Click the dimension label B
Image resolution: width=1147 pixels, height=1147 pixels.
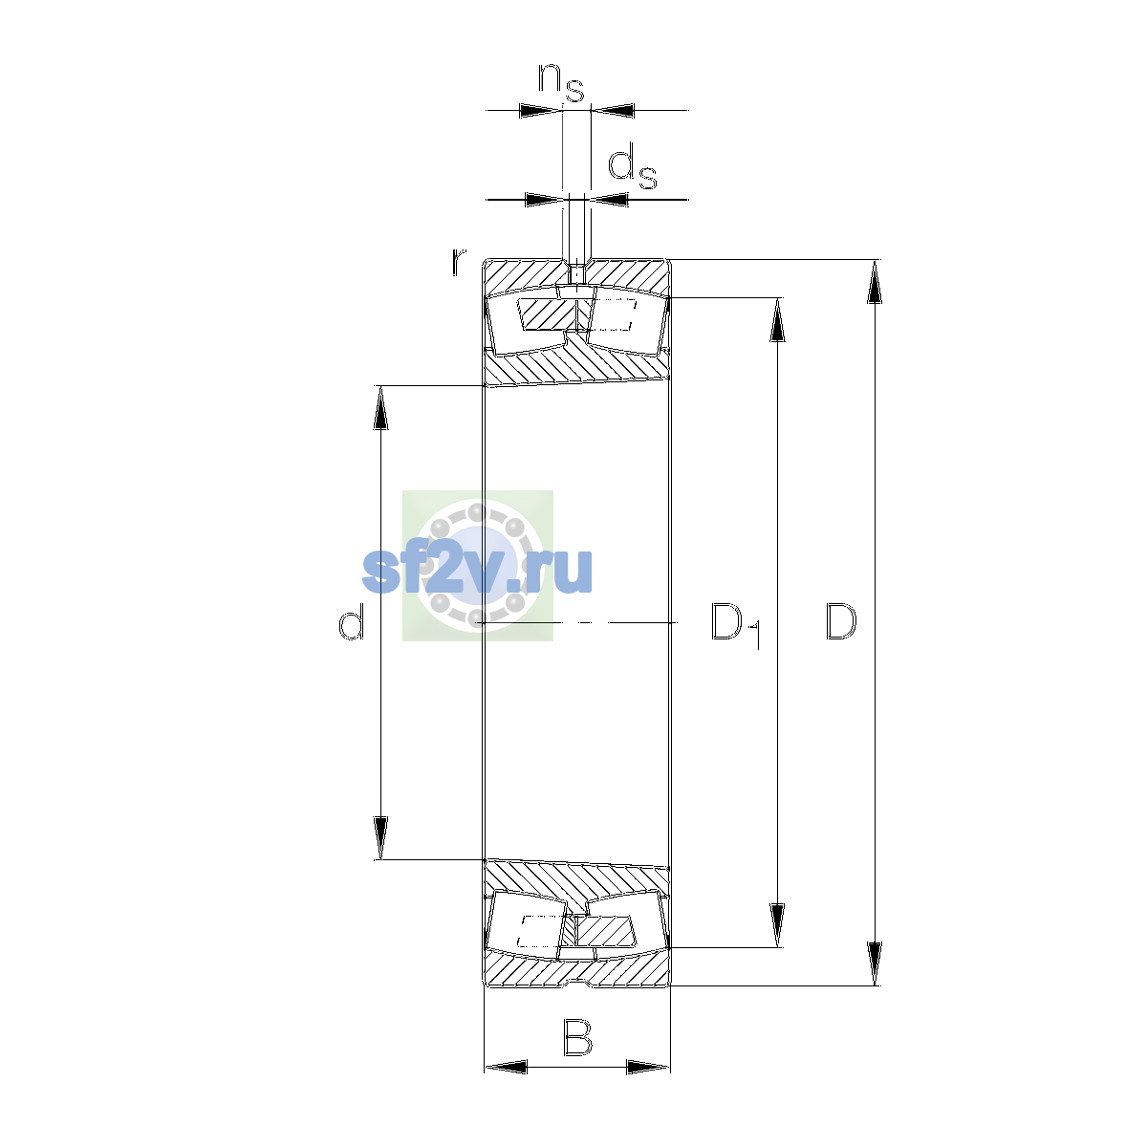[x=577, y=1038]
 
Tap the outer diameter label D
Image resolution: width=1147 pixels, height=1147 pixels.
[x=841, y=621]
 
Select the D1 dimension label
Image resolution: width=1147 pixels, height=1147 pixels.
[x=736, y=625]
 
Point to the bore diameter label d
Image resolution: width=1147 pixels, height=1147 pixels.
[x=351, y=621]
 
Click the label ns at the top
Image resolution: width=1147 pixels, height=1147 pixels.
[x=561, y=83]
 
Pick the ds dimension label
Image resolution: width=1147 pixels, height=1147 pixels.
[x=632, y=169]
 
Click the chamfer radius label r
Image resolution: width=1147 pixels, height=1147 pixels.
[x=458, y=262]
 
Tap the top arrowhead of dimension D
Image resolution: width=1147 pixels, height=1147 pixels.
[x=875, y=282]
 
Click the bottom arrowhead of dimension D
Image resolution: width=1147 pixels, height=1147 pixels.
[x=875, y=964]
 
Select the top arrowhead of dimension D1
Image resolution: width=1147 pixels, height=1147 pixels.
[x=777, y=319]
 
